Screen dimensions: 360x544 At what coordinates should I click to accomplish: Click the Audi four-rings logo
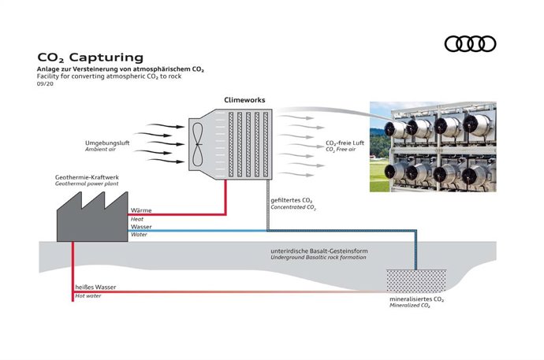click(x=471, y=44)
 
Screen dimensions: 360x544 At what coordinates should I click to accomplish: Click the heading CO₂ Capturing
click(x=91, y=57)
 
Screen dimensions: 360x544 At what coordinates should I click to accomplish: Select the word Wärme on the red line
click(x=141, y=210)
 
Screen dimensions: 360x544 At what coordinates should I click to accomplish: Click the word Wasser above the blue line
click(x=142, y=227)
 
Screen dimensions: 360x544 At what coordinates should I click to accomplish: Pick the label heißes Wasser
click(x=95, y=287)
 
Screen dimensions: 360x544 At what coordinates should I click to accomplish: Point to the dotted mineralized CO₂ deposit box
click(x=415, y=280)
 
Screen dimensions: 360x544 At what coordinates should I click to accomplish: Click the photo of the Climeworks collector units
click(x=433, y=147)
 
